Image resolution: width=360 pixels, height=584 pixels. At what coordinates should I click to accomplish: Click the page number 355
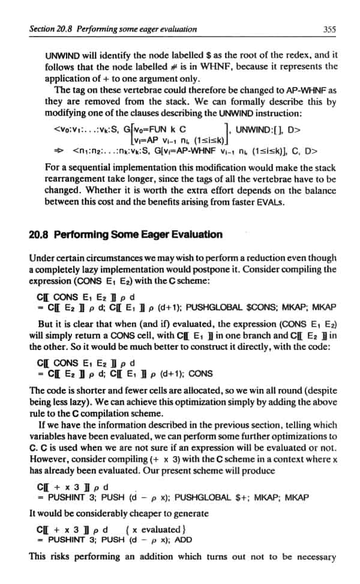328,28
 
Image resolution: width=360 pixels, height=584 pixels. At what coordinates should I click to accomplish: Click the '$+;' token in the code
264,498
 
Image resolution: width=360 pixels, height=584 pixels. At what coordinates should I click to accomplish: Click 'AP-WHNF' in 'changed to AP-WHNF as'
299,90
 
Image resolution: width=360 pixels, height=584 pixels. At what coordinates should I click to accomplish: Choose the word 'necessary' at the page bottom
315,557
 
